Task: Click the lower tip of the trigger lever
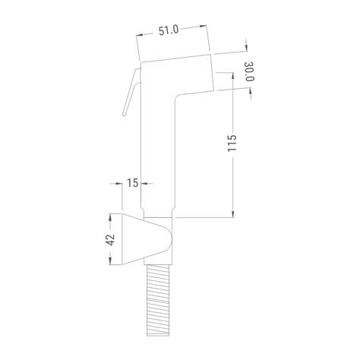point(125,115)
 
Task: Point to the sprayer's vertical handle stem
point(159,159)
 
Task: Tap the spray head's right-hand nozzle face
point(212,72)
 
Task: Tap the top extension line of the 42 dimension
point(115,212)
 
